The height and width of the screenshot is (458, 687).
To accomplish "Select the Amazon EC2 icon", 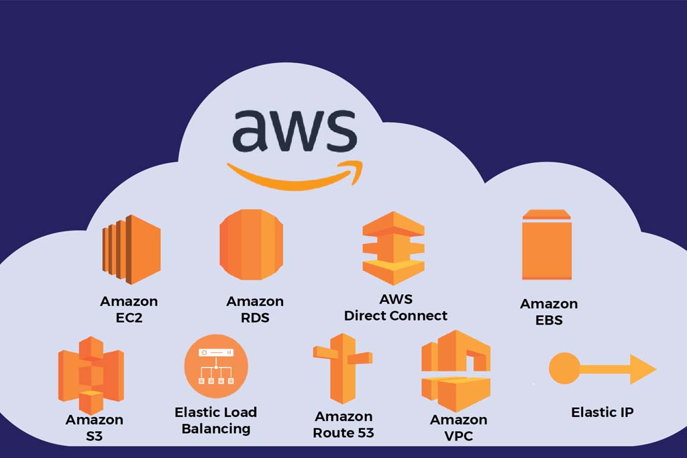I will pos(131,249).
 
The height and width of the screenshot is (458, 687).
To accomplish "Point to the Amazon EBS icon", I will pos(547,245).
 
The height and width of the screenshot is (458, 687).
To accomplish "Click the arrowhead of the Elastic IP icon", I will pos(642,369).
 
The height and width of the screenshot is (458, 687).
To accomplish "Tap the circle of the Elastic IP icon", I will pos(564,368).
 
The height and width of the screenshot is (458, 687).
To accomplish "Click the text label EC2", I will pos(129,317).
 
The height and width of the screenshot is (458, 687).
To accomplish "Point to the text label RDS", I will pos(255,317).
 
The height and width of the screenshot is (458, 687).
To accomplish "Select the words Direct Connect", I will pos(396,315).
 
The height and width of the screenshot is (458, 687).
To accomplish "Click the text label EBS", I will pos(549,320).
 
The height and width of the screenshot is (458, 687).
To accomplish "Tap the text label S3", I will pos(94,436).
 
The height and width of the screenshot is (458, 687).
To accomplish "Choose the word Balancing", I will pos(216,428).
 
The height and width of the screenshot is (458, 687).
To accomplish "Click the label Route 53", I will pos(343,433).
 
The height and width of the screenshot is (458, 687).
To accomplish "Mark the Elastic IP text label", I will pos(602,412).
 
